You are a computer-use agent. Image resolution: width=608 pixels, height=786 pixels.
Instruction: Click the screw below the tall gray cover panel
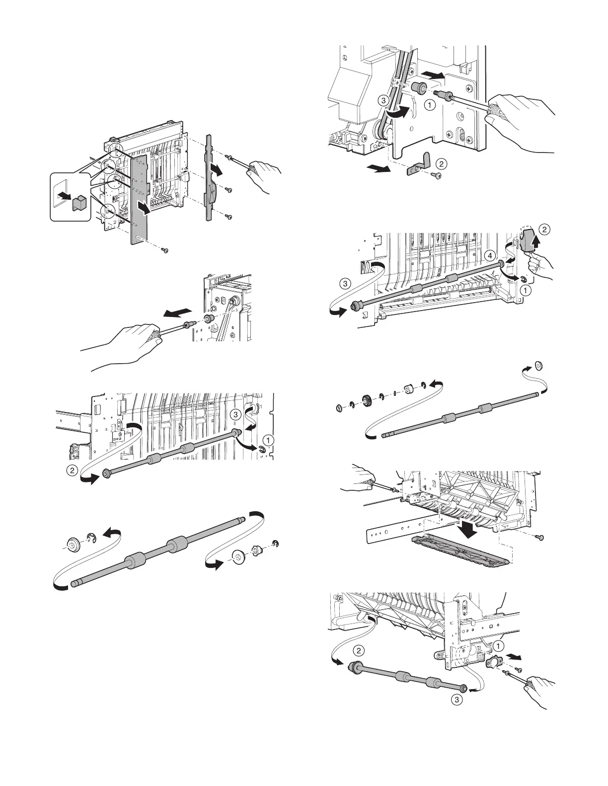click(x=165, y=250)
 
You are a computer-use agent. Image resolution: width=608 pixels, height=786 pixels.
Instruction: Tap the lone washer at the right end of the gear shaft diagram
click(x=538, y=366)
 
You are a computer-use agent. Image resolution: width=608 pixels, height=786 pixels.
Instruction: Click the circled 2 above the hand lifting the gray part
click(x=545, y=229)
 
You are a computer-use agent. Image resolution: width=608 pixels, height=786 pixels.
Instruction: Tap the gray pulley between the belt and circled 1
click(x=420, y=88)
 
